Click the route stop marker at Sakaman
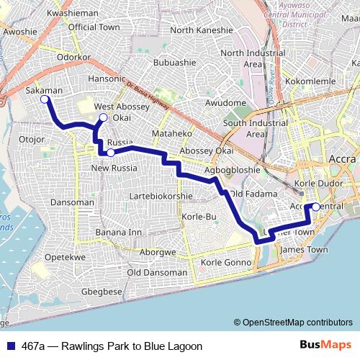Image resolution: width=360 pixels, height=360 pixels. (45, 99)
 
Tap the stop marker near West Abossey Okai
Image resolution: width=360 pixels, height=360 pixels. (103, 117)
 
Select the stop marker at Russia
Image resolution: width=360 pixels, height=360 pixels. (110, 152)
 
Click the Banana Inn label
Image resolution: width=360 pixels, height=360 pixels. (118, 233)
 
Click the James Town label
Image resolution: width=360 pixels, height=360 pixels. (302, 250)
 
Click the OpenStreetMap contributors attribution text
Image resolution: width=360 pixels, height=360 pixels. (297, 323)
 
